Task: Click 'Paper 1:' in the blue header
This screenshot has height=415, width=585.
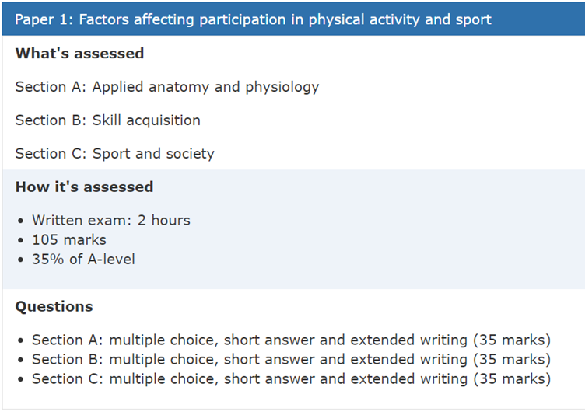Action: tap(44, 19)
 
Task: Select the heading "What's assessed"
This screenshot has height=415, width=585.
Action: tap(79, 54)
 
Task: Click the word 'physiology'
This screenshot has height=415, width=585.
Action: tap(282, 87)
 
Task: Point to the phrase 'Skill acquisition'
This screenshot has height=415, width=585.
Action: tap(146, 120)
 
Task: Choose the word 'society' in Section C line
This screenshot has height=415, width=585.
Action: tap(191, 154)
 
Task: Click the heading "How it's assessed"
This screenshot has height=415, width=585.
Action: tap(84, 187)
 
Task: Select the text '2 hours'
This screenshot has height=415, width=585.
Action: tap(164, 221)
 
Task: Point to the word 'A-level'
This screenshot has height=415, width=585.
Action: tap(111, 259)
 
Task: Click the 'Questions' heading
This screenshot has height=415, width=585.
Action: tap(54, 306)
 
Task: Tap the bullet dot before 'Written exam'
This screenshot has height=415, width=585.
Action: tap(20, 221)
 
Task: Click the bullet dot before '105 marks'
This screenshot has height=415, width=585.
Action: tap(20, 240)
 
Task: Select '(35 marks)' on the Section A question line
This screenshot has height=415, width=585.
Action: tap(512, 340)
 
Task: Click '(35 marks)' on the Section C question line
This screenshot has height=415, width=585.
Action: tap(512, 378)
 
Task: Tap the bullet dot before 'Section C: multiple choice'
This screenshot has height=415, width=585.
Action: tap(20, 379)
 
